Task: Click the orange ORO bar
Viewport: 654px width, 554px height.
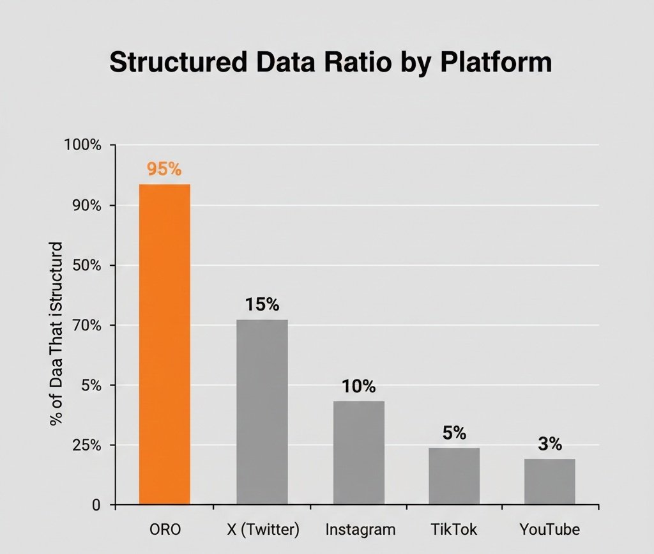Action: pyautogui.click(x=165, y=344)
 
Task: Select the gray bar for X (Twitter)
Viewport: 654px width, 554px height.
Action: pyautogui.click(x=262, y=412)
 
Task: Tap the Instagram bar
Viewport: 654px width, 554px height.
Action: pyautogui.click(x=359, y=453)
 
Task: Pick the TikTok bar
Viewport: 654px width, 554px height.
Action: pyautogui.click(x=454, y=477)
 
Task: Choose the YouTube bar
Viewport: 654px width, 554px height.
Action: pyautogui.click(x=550, y=482)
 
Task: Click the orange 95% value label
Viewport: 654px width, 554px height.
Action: pyautogui.click(x=164, y=169)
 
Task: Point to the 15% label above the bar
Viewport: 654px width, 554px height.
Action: pyautogui.click(x=262, y=305)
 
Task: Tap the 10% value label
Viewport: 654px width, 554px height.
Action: pyautogui.click(x=359, y=387)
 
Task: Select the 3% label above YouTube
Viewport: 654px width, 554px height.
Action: pyautogui.click(x=550, y=444)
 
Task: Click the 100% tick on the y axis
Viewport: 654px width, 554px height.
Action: pyautogui.click(x=82, y=145)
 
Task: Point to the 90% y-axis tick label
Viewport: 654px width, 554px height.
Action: pyautogui.click(x=87, y=205)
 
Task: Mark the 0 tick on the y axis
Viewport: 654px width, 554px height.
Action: pyautogui.click(x=96, y=505)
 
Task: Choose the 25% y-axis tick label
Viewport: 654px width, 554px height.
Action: pyautogui.click(x=87, y=445)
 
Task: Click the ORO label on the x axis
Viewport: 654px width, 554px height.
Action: pyautogui.click(x=165, y=529)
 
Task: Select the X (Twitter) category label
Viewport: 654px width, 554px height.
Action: pyautogui.click(x=263, y=530)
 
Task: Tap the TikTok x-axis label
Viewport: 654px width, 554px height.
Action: pyautogui.click(x=454, y=529)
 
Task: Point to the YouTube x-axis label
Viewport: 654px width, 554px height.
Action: pyautogui.click(x=550, y=529)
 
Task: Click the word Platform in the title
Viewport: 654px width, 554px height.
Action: pyautogui.click(x=496, y=62)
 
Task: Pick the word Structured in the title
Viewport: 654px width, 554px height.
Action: pyautogui.click(x=179, y=62)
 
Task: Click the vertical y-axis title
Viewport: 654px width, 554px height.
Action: pyautogui.click(x=56, y=334)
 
